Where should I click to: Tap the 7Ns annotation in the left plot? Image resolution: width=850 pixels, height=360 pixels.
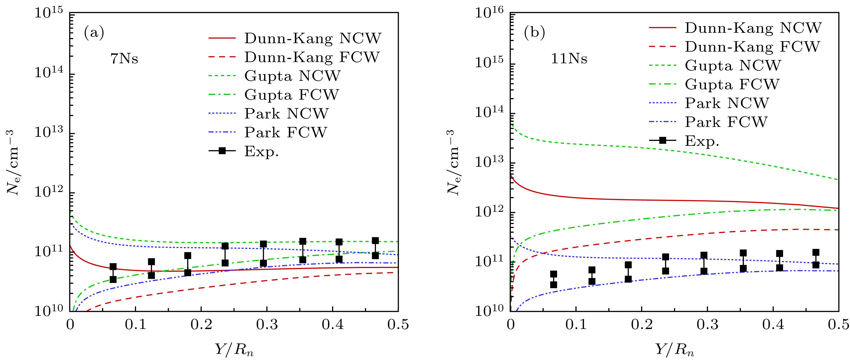pos(124,59)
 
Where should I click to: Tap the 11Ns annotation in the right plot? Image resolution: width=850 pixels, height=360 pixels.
pos(569,59)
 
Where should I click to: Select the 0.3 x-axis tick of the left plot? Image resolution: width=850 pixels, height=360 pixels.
pos(267,325)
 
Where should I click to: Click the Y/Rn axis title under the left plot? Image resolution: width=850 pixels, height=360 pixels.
pos(234,349)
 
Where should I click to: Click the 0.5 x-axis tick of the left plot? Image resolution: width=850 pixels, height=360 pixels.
pos(398,325)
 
